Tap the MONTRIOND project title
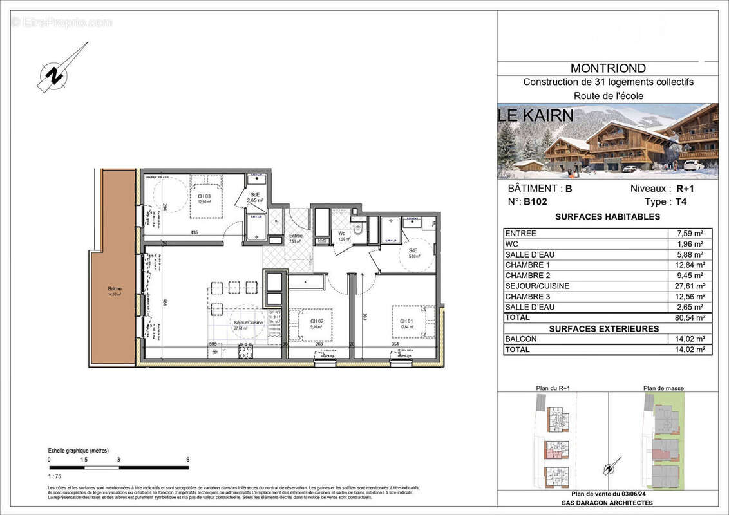tap(608, 68)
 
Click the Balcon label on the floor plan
tap(114, 290)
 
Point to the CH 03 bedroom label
tap(204, 196)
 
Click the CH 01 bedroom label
tap(406, 321)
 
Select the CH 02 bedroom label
tap(316, 321)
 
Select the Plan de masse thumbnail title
tap(663, 388)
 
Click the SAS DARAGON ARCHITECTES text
tap(608, 503)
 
